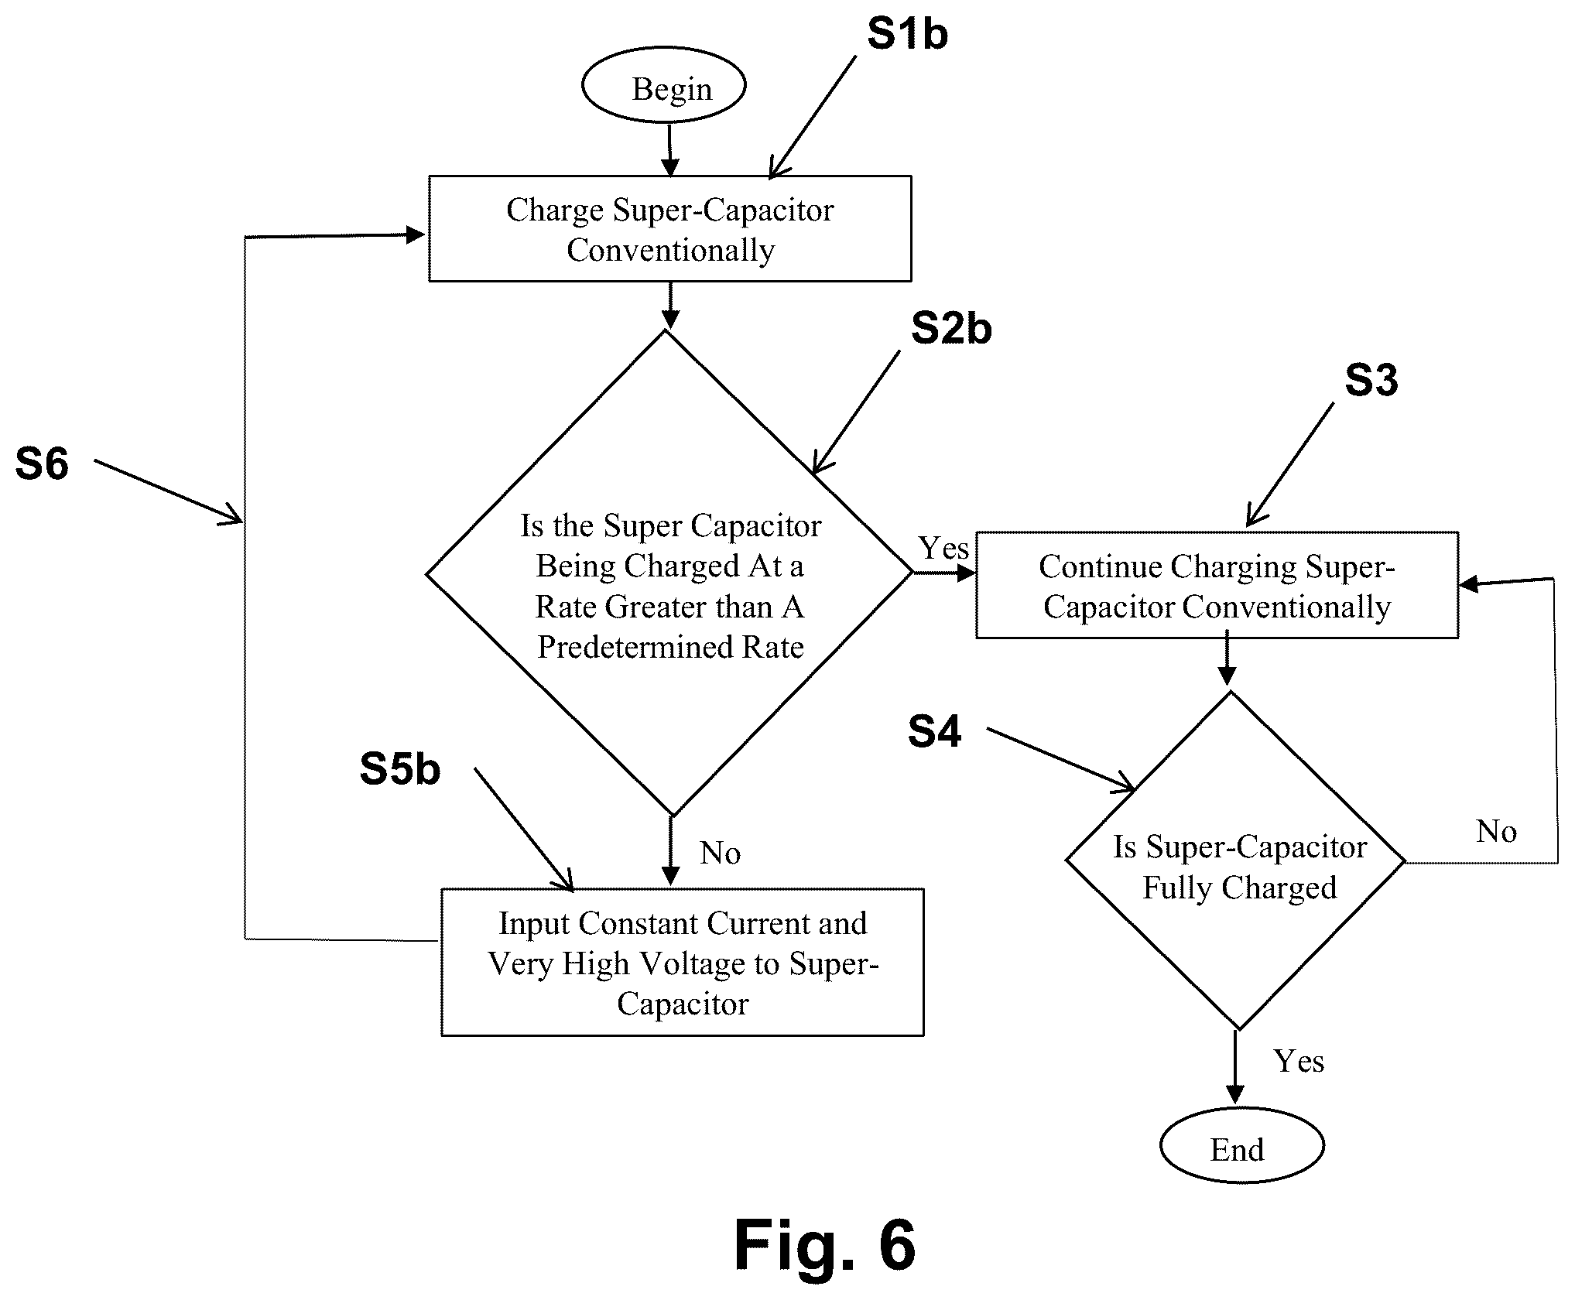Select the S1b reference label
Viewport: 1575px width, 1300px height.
[907, 35]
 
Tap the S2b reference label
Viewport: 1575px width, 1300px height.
[951, 328]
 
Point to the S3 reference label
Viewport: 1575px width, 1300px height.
[1371, 380]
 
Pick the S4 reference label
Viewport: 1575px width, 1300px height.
[934, 730]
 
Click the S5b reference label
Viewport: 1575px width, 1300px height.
[400, 769]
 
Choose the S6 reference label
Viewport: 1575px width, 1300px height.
[42, 464]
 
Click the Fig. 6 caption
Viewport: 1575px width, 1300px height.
[824, 1244]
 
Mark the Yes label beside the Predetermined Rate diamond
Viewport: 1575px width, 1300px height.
[943, 548]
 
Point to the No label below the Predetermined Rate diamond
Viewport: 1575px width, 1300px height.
[721, 853]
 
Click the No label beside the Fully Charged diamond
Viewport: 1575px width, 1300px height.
[1496, 832]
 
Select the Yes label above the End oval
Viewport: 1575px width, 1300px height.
[1299, 1061]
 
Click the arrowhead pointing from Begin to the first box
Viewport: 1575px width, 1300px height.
[670, 167]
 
